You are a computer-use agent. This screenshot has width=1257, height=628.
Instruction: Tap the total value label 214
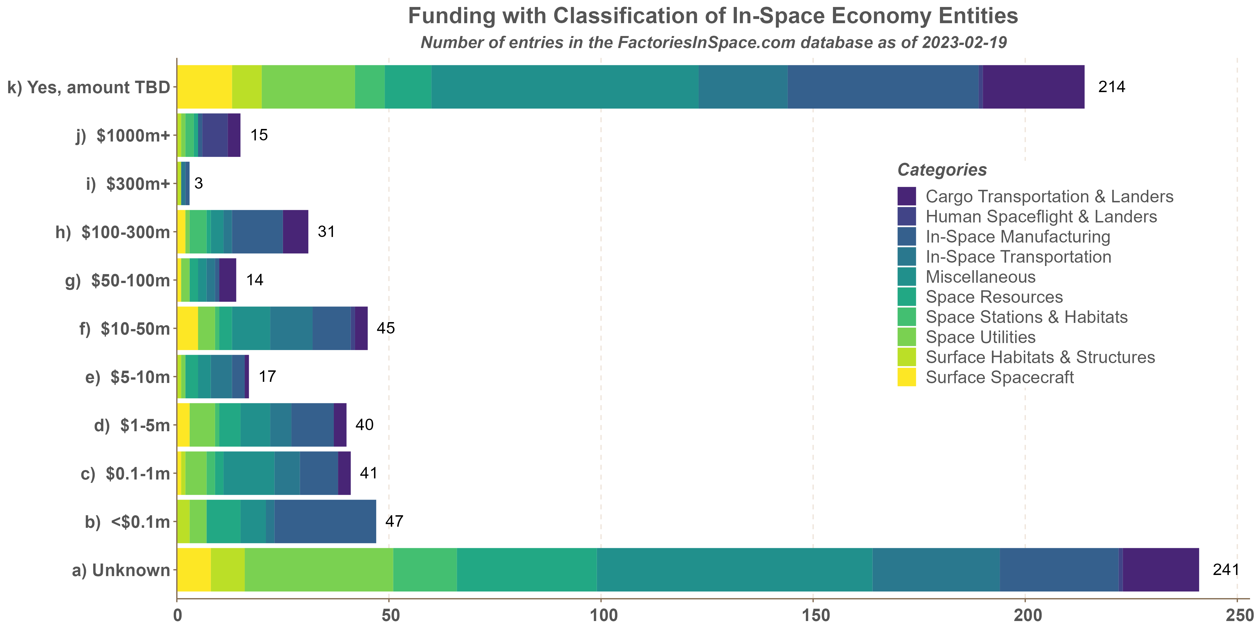pos(1111,87)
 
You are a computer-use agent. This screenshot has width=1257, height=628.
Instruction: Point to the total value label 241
pos(1226,569)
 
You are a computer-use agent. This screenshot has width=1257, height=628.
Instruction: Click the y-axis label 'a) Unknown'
pos(121,570)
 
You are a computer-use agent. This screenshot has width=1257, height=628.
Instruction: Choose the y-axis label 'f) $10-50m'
pos(125,329)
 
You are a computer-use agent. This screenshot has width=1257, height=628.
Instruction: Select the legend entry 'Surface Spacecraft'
pos(999,377)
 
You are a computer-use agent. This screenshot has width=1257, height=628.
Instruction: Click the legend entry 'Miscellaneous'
pos(980,277)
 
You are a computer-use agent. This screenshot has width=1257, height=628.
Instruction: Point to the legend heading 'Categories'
pos(942,170)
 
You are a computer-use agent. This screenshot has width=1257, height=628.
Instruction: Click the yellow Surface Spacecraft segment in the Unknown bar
pos(194,569)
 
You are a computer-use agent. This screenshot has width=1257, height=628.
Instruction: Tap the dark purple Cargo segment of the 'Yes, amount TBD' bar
pos(1034,87)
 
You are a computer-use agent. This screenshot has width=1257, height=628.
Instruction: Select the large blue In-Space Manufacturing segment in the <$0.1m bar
pos(325,521)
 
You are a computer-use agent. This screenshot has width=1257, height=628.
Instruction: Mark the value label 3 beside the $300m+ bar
pos(198,183)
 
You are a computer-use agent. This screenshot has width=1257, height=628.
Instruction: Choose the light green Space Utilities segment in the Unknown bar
pos(319,569)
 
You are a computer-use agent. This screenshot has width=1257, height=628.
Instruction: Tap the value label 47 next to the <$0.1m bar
pos(394,521)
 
